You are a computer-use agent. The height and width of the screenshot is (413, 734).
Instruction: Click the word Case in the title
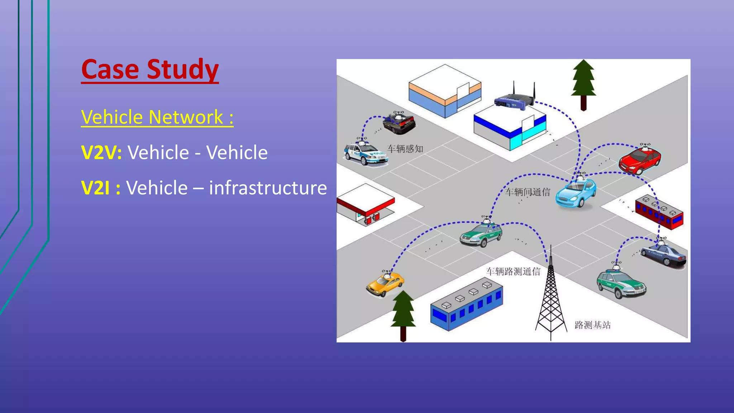point(110,70)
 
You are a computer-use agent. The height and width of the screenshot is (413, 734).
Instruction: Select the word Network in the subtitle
point(186,117)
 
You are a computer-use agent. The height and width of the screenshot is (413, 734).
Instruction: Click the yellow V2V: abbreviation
point(101,153)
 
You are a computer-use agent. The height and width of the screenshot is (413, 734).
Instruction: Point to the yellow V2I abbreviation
point(95,188)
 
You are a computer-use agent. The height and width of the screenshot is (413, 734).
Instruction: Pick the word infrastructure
point(268,188)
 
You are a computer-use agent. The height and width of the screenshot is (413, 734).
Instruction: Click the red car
point(640,160)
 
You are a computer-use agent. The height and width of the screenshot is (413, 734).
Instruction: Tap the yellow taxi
point(385,284)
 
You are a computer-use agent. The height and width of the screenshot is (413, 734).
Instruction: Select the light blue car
point(576,194)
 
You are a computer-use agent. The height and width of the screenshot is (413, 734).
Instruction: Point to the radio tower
point(550,298)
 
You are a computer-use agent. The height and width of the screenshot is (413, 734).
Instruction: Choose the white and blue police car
point(366,154)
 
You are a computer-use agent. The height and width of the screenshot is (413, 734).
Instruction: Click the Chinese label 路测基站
point(592,325)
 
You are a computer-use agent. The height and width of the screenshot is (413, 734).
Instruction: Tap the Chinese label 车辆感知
point(405,149)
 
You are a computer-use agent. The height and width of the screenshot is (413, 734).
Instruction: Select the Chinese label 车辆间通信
point(528,192)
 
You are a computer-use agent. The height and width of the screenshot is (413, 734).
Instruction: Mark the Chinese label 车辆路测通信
point(513,271)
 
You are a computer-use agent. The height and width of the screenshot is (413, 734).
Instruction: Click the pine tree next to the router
point(583,84)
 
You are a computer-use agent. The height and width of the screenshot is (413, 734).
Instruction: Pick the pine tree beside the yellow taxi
point(403,314)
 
